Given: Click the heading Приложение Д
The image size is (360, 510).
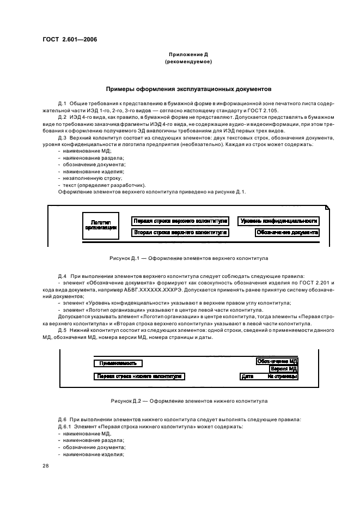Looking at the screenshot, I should [x=187, y=55].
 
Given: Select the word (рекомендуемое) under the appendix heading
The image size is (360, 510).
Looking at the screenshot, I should [x=188, y=62].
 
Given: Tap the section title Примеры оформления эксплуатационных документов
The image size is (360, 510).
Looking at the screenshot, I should [x=188, y=89].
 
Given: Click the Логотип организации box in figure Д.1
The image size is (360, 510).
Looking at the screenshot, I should [x=100, y=226].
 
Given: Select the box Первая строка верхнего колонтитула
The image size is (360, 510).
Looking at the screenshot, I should [x=180, y=221].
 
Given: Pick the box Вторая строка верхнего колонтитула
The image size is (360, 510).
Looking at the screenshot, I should [x=180, y=233].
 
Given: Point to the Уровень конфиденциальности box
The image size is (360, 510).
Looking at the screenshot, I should [x=279, y=221].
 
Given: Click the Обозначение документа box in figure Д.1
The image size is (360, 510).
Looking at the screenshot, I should [x=288, y=233].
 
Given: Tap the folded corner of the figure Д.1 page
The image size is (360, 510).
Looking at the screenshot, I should [x=327, y=208].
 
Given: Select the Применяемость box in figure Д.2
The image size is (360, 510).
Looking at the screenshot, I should [x=118, y=363].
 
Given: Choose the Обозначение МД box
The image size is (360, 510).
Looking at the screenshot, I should [x=277, y=361].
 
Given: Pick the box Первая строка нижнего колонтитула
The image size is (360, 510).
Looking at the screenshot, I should [x=139, y=377].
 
